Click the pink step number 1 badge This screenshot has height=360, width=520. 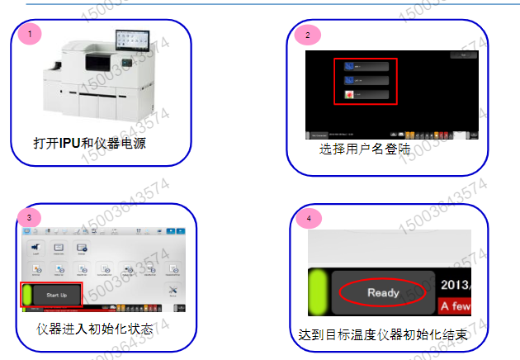31,35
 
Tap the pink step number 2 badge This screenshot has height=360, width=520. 308,36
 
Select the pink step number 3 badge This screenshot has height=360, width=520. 30,217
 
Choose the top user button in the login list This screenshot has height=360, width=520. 366,67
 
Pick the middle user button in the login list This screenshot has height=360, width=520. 366,81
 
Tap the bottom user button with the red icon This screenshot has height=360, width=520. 366,95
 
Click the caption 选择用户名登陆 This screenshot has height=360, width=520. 364,150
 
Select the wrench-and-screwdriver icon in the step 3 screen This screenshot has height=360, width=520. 173,291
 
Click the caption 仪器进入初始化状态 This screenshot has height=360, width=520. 95,329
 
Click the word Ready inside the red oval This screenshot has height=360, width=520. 383,292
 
